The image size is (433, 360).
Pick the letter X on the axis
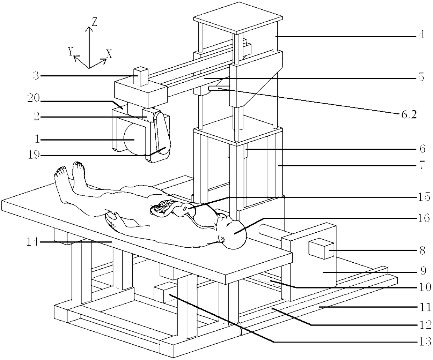109,53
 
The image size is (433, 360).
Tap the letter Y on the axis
71,52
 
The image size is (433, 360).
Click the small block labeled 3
141,76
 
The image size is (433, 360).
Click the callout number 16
423,219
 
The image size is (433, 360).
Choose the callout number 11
423,307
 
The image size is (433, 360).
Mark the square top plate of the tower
238,18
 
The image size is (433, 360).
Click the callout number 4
422,36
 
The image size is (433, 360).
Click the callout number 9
423,271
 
